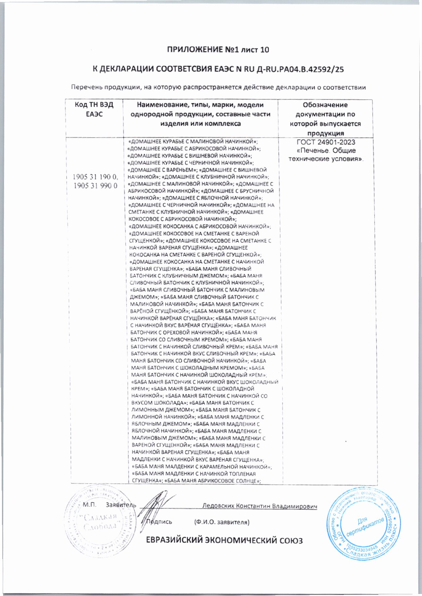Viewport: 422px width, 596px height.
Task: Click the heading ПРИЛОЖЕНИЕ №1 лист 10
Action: click(218, 50)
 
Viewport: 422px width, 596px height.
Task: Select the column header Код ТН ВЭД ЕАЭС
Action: click(94, 109)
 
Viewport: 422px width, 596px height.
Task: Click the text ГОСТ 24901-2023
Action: click(326, 142)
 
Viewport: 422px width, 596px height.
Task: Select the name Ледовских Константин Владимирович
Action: click(260, 506)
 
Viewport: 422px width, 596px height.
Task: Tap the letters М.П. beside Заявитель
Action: click(89, 505)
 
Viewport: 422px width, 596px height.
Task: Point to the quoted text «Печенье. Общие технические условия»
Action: click(326, 154)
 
